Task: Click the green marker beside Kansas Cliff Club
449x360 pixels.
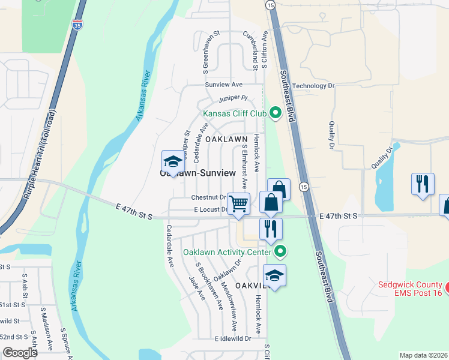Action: click(x=276, y=112)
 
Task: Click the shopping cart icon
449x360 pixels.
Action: click(x=238, y=204)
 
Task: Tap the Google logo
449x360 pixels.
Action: click(x=20, y=353)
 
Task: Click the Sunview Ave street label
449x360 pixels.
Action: click(x=223, y=85)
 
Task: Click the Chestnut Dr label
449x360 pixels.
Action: click(x=208, y=197)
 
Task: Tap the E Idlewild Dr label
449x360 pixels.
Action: click(x=233, y=338)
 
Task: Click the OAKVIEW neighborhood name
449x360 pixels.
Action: click(x=250, y=284)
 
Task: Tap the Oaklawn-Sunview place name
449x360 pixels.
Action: click(x=197, y=173)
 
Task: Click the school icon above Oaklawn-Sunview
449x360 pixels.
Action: click(x=172, y=161)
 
